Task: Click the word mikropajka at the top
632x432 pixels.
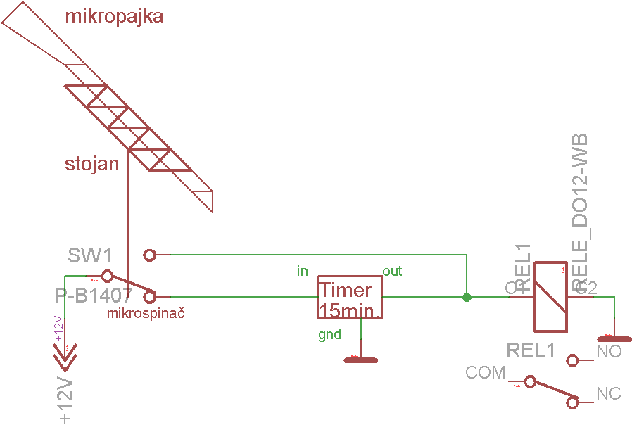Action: pos(114,16)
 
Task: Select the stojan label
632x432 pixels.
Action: pos(91,165)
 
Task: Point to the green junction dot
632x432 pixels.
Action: pos(467,298)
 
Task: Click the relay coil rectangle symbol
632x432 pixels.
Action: pos(551,297)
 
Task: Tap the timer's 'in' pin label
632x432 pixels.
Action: pos(303,271)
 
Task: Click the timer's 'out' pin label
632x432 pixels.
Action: pos(392,271)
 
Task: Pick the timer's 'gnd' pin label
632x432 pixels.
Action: pos(329,334)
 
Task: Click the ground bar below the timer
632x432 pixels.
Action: pos(360,360)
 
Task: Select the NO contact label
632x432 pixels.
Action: pos(609,352)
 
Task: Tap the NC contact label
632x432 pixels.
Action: pos(609,393)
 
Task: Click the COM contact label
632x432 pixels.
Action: pos(486,372)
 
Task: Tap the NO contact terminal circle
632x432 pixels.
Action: pos(573,361)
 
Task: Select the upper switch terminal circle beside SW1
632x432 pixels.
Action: pos(149,254)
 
